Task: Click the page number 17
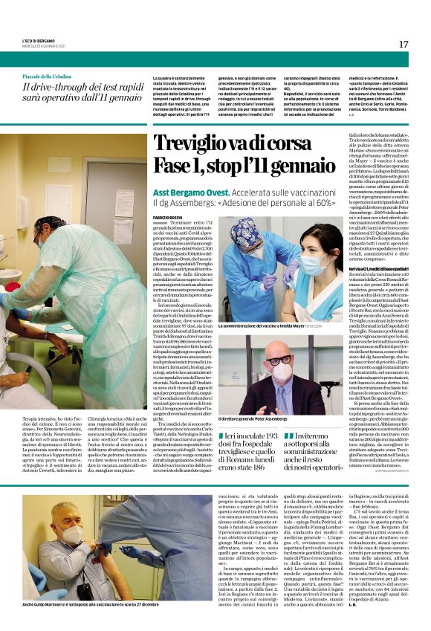point(404,44)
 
